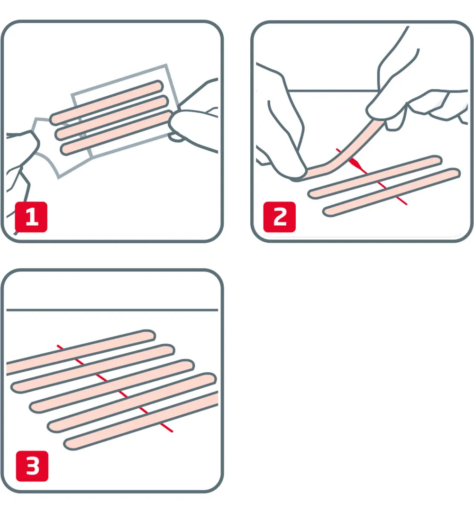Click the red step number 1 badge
click(31, 217)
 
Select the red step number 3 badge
click(32, 466)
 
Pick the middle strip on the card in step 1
click(112, 116)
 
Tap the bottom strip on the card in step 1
click(117, 132)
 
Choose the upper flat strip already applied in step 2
click(374, 177)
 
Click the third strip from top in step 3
click(111, 385)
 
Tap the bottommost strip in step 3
click(142, 422)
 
